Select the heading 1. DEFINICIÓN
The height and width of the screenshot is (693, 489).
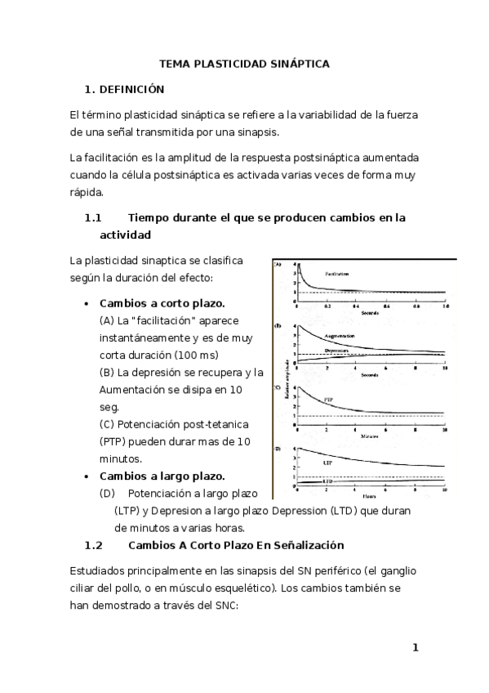[x=125, y=89]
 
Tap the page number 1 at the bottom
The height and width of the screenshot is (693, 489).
[x=415, y=648]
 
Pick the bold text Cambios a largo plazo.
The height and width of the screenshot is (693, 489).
[x=162, y=476]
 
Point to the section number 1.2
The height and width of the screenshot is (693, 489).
[x=92, y=545]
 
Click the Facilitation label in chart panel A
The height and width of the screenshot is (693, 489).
[x=342, y=274]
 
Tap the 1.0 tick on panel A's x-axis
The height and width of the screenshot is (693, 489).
[x=444, y=306]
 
